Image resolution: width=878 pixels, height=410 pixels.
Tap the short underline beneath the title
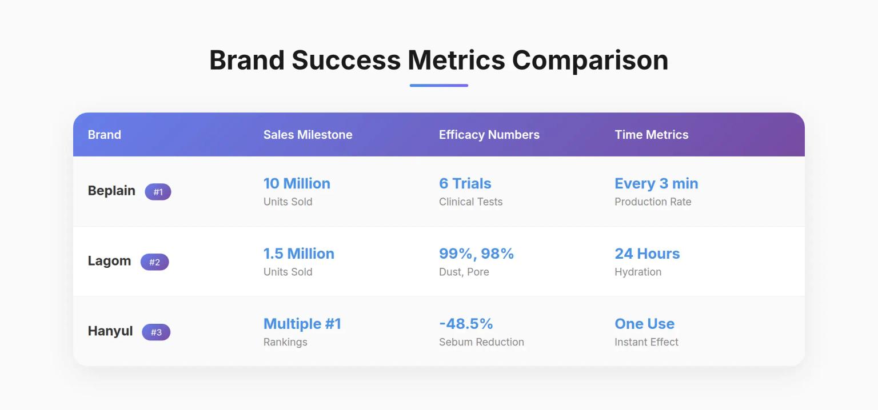(x=438, y=86)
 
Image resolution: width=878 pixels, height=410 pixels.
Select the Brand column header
(x=104, y=135)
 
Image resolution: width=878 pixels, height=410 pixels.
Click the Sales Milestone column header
(x=308, y=135)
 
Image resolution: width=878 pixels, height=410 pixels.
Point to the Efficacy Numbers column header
(x=489, y=135)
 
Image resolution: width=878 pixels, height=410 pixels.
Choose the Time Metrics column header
(x=651, y=135)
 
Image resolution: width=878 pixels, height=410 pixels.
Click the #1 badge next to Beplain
(x=158, y=192)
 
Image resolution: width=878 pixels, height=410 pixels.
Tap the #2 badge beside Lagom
(x=154, y=262)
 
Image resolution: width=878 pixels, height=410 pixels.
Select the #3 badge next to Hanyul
(x=156, y=332)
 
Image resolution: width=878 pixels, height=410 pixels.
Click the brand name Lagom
(x=109, y=261)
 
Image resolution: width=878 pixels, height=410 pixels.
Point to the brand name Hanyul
(x=110, y=331)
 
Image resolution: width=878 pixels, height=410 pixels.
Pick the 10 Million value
(x=297, y=183)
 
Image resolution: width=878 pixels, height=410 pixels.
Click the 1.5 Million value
(x=298, y=254)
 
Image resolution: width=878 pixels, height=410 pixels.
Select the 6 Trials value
(x=465, y=183)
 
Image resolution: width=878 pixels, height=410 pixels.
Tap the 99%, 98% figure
(x=476, y=254)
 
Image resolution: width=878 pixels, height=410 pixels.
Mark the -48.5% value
(x=466, y=324)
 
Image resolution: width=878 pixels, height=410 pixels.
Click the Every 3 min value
(x=656, y=183)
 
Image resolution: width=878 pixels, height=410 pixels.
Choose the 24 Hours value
(x=647, y=254)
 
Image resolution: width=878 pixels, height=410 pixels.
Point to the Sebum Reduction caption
(x=481, y=342)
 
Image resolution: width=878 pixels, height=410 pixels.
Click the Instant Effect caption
(x=646, y=342)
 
